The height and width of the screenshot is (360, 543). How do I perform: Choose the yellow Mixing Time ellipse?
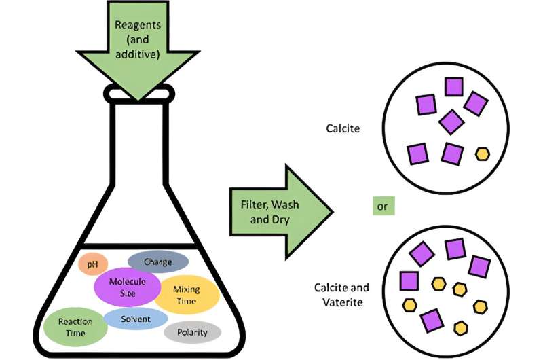click(x=187, y=295)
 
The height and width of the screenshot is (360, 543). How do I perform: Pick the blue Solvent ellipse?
click(x=136, y=319)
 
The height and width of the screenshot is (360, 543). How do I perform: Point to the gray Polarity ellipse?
click(x=192, y=332)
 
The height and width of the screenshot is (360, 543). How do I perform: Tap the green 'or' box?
click(x=383, y=206)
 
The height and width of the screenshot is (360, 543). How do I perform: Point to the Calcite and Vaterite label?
click(x=341, y=294)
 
